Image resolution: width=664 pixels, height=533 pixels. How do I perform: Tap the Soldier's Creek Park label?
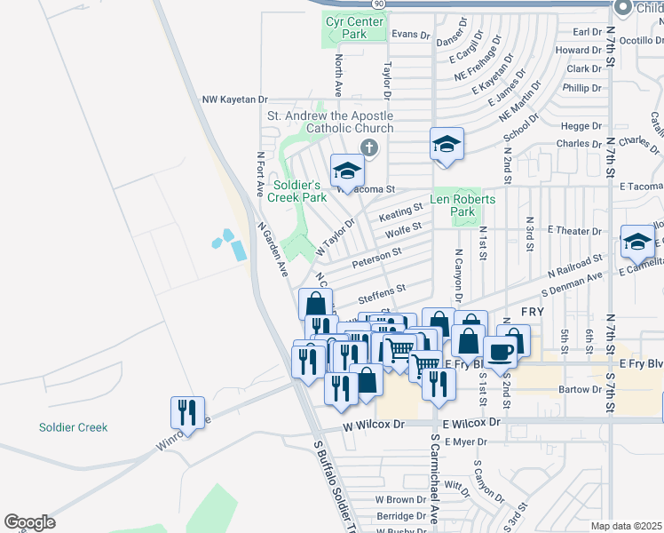pos(299,191)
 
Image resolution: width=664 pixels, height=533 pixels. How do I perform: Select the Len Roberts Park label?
pos(462,206)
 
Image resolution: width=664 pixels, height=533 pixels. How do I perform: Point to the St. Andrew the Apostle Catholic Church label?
pos(330,123)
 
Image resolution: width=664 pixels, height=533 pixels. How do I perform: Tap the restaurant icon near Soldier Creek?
pos(187,411)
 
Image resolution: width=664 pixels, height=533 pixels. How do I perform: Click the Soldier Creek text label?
pos(73,427)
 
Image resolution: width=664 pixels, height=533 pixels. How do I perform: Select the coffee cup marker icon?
pos(502,350)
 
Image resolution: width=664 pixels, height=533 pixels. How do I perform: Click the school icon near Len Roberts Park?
pos(447,143)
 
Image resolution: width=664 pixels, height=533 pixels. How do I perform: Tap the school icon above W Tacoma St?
pos(347,170)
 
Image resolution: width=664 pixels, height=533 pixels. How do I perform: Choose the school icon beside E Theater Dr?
pos(638,241)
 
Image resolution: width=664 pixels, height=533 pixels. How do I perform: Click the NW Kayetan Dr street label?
pos(234,101)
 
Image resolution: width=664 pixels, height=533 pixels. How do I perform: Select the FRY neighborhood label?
pos(532,313)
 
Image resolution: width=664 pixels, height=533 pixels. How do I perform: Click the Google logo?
pos(29,522)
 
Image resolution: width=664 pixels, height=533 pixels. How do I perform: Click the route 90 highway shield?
pos(379,4)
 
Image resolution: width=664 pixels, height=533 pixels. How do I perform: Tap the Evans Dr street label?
pos(410,35)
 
